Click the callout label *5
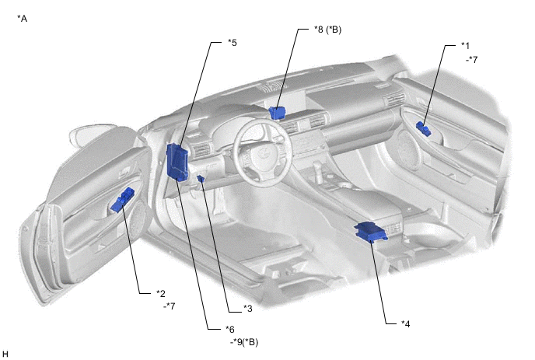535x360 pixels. point(233,43)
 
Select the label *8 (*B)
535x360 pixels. point(327,30)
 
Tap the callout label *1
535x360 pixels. point(465,45)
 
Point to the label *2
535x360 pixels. point(161,293)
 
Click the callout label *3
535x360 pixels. point(248,309)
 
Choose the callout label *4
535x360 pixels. point(405,323)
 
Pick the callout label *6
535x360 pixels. point(230,330)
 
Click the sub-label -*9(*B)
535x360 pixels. point(244,342)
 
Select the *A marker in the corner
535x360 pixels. point(23,19)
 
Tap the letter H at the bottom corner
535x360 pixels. point(5,354)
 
